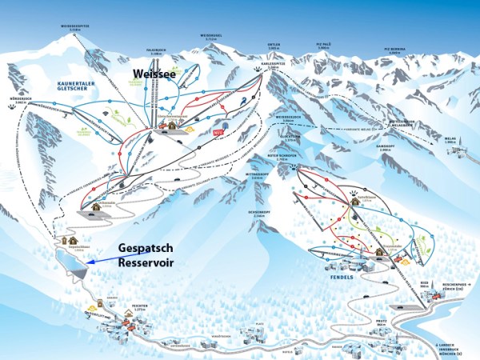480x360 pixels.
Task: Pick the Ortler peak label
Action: [x=274, y=48]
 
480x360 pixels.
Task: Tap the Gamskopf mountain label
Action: [x=381, y=147]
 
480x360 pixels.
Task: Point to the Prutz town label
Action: [x=381, y=319]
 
